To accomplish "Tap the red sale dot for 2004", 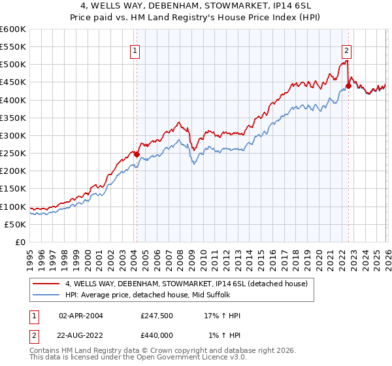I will (x=137, y=154).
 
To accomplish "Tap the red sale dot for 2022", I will (x=348, y=86).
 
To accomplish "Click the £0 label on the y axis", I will (x=20, y=242).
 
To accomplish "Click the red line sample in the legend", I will (x=46, y=284).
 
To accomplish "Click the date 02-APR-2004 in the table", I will (x=80, y=316).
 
